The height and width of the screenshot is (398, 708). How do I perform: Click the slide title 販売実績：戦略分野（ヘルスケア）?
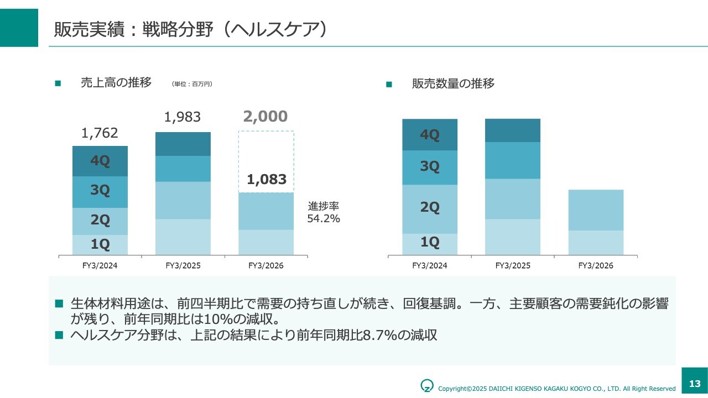190,29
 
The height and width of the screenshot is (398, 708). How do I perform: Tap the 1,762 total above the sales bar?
100,133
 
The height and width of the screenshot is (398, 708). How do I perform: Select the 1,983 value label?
183,117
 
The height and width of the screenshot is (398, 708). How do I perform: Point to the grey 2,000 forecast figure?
265,117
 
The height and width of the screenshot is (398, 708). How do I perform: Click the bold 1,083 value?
267,179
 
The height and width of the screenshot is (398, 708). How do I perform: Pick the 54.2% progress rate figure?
324,219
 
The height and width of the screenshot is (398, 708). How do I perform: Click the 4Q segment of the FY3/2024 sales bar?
100,161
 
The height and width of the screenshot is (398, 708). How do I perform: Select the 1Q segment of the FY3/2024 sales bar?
100,244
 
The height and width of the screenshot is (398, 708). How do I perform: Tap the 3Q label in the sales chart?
100,191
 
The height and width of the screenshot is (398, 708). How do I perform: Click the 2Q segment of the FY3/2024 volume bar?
430,208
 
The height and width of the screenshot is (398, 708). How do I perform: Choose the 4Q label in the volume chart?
430,135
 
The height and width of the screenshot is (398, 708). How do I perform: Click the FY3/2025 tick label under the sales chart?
183,266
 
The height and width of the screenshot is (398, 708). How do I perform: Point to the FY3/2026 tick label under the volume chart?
596,266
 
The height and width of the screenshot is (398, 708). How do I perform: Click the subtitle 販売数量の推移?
453,83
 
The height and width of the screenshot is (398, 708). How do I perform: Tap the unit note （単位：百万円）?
192,84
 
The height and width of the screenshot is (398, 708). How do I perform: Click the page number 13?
695,384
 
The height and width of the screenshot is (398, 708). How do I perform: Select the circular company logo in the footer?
427,385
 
